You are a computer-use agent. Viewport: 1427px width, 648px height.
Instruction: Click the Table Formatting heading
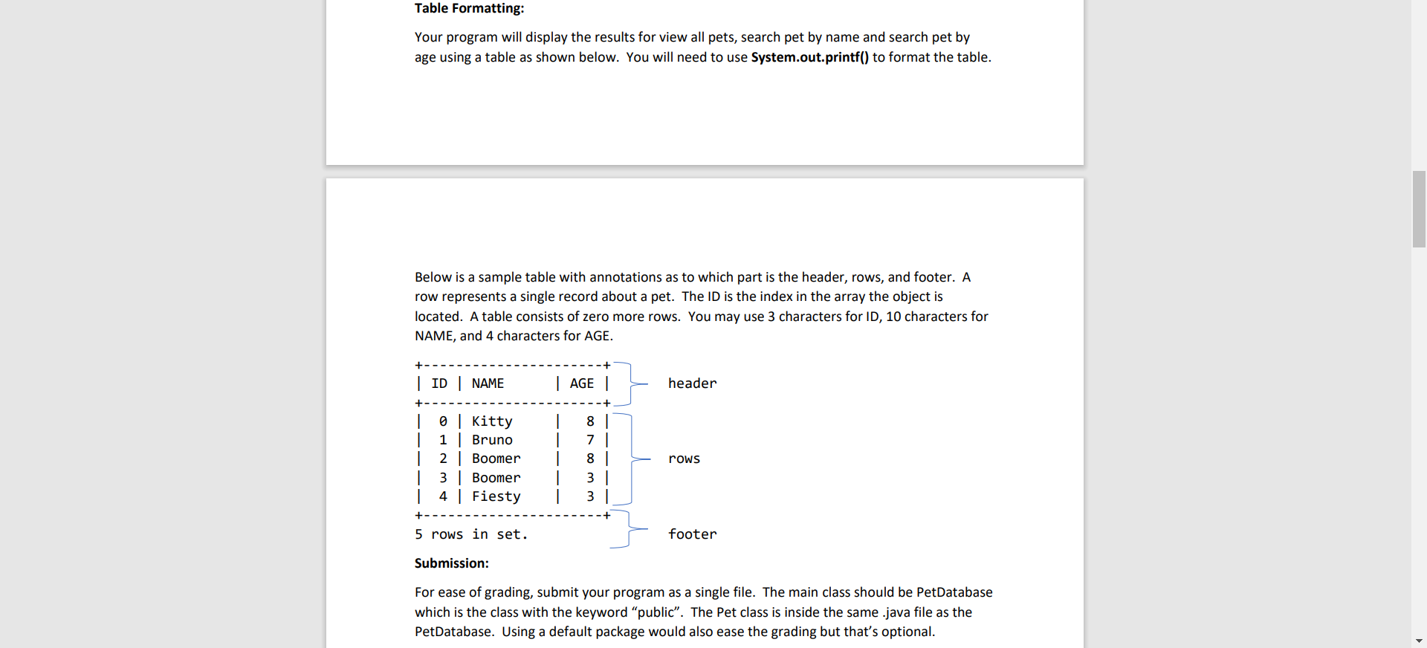pos(469,9)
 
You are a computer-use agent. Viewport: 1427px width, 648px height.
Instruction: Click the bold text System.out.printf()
pos(809,57)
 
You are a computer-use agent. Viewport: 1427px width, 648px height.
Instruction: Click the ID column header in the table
pos(439,383)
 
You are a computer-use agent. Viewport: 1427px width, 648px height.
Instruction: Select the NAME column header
pos(488,383)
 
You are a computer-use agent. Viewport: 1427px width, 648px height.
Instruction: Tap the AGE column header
pos(581,383)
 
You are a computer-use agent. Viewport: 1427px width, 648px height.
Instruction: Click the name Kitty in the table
pos(492,421)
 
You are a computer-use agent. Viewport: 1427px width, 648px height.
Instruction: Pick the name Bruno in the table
pos(492,440)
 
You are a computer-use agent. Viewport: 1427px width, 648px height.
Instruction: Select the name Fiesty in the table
pos(496,496)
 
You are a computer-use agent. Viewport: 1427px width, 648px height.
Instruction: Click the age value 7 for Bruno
pos(590,440)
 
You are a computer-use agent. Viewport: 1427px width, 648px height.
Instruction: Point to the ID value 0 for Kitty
pos(443,421)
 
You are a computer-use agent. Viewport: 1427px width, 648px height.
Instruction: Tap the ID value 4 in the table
pos(443,496)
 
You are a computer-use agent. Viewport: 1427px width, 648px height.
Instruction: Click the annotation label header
pos(692,383)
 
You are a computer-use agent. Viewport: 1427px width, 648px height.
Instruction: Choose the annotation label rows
pos(684,459)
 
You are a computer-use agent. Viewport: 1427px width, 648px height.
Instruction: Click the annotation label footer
pos(692,534)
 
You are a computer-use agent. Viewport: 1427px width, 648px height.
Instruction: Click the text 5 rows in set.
pos(471,534)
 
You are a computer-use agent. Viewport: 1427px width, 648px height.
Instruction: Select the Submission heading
pos(451,563)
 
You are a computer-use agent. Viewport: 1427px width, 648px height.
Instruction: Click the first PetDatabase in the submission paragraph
pos(954,592)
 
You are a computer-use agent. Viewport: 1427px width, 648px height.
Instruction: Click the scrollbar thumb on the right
pos(1419,209)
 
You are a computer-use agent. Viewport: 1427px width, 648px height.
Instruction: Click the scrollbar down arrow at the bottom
pos(1419,641)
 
